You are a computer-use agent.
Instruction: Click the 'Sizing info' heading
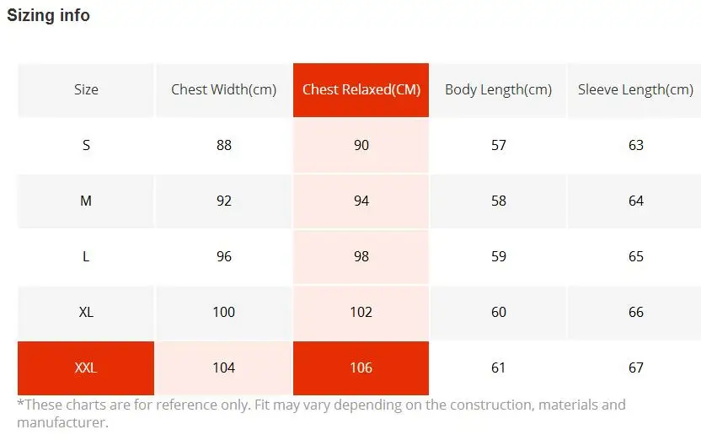click(48, 16)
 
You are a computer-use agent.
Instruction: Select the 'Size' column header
click(86, 89)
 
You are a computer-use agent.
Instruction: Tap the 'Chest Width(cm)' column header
click(223, 90)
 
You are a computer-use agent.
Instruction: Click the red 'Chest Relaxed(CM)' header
click(361, 90)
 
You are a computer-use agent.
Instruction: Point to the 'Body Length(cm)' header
click(499, 90)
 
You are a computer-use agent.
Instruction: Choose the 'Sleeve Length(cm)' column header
click(635, 90)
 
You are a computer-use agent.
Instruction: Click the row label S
click(86, 145)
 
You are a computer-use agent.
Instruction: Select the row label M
click(86, 201)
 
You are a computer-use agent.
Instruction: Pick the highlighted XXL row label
click(86, 368)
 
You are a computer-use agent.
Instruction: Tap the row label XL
click(86, 312)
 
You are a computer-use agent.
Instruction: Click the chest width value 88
click(223, 145)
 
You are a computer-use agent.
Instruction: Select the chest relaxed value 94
click(361, 201)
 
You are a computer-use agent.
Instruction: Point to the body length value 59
click(499, 256)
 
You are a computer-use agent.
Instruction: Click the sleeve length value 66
click(636, 312)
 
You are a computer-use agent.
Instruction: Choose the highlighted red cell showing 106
click(361, 368)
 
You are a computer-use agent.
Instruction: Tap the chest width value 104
click(223, 368)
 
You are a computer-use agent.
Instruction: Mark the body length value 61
click(499, 368)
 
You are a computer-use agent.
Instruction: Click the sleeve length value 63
click(636, 145)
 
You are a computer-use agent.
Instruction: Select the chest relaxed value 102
click(361, 312)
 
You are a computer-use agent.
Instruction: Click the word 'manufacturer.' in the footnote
click(62, 422)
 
